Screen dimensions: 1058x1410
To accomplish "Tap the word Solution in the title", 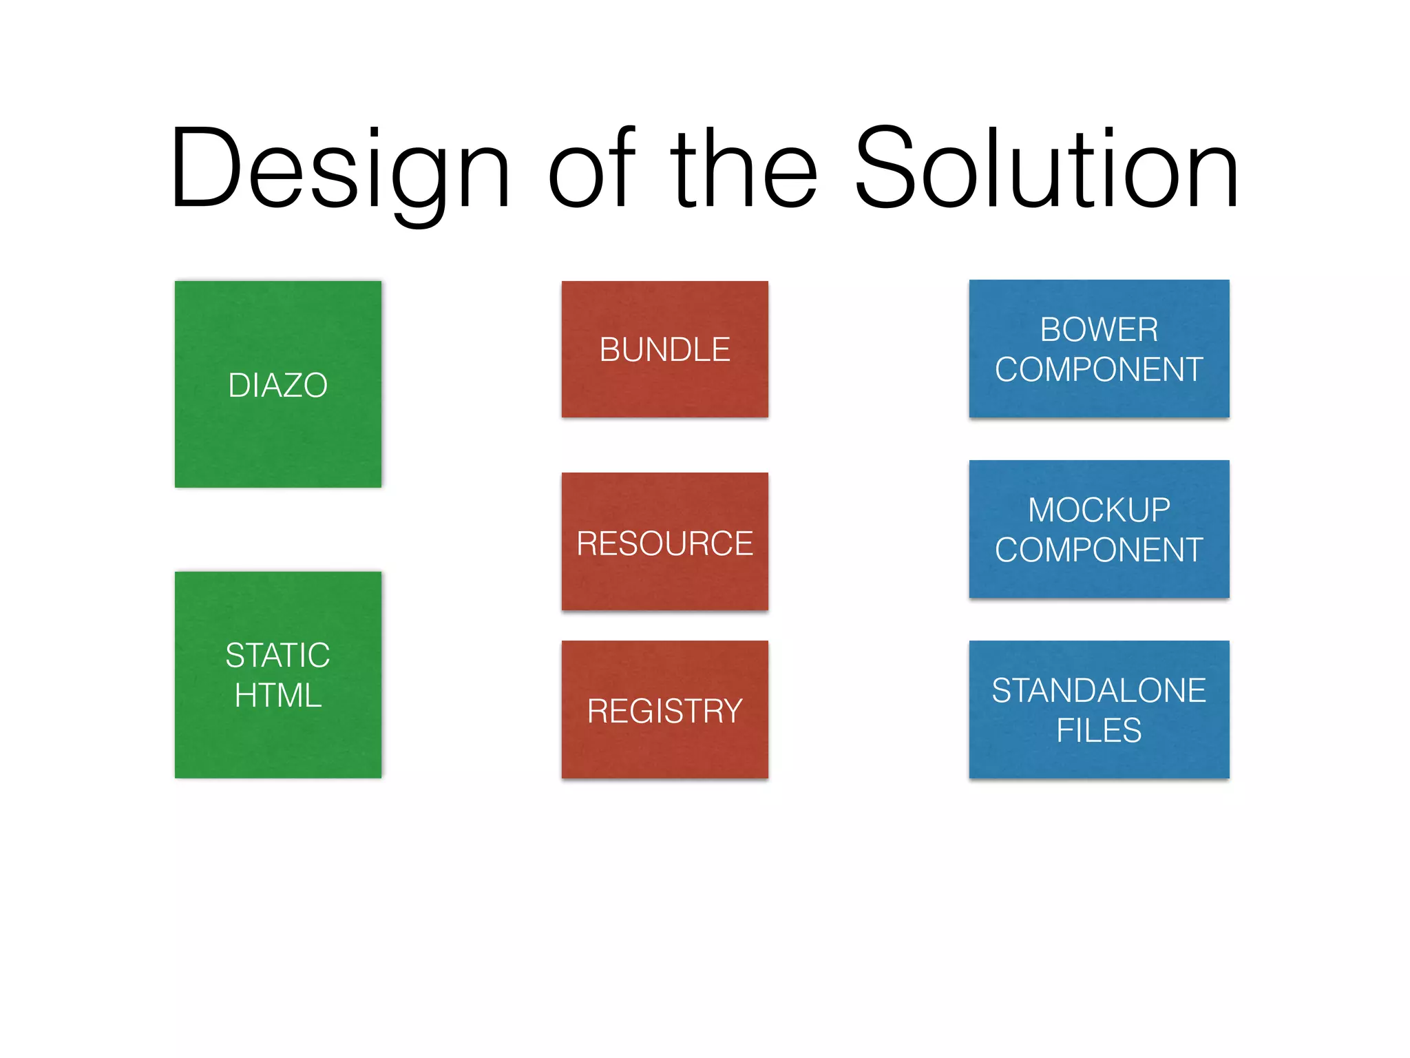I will click(x=1046, y=169).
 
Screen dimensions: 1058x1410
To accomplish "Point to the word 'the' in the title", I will click(x=744, y=169).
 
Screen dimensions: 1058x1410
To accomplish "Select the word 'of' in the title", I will click(x=591, y=169).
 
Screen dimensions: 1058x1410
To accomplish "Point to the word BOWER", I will click(x=1099, y=329).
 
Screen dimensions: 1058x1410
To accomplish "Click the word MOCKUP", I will click(x=1099, y=510).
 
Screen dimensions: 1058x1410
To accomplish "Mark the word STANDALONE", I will click(x=1099, y=690).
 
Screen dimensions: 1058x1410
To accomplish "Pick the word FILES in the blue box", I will click(x=1099, y=730).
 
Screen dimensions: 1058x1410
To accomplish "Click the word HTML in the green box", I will click(x=278, y=695).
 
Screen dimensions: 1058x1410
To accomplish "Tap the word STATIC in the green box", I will click(x=278, y=655).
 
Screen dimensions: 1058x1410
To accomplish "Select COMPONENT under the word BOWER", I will click(x=1099, y=369).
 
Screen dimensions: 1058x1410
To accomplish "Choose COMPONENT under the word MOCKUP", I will click(x=1099, y=550).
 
